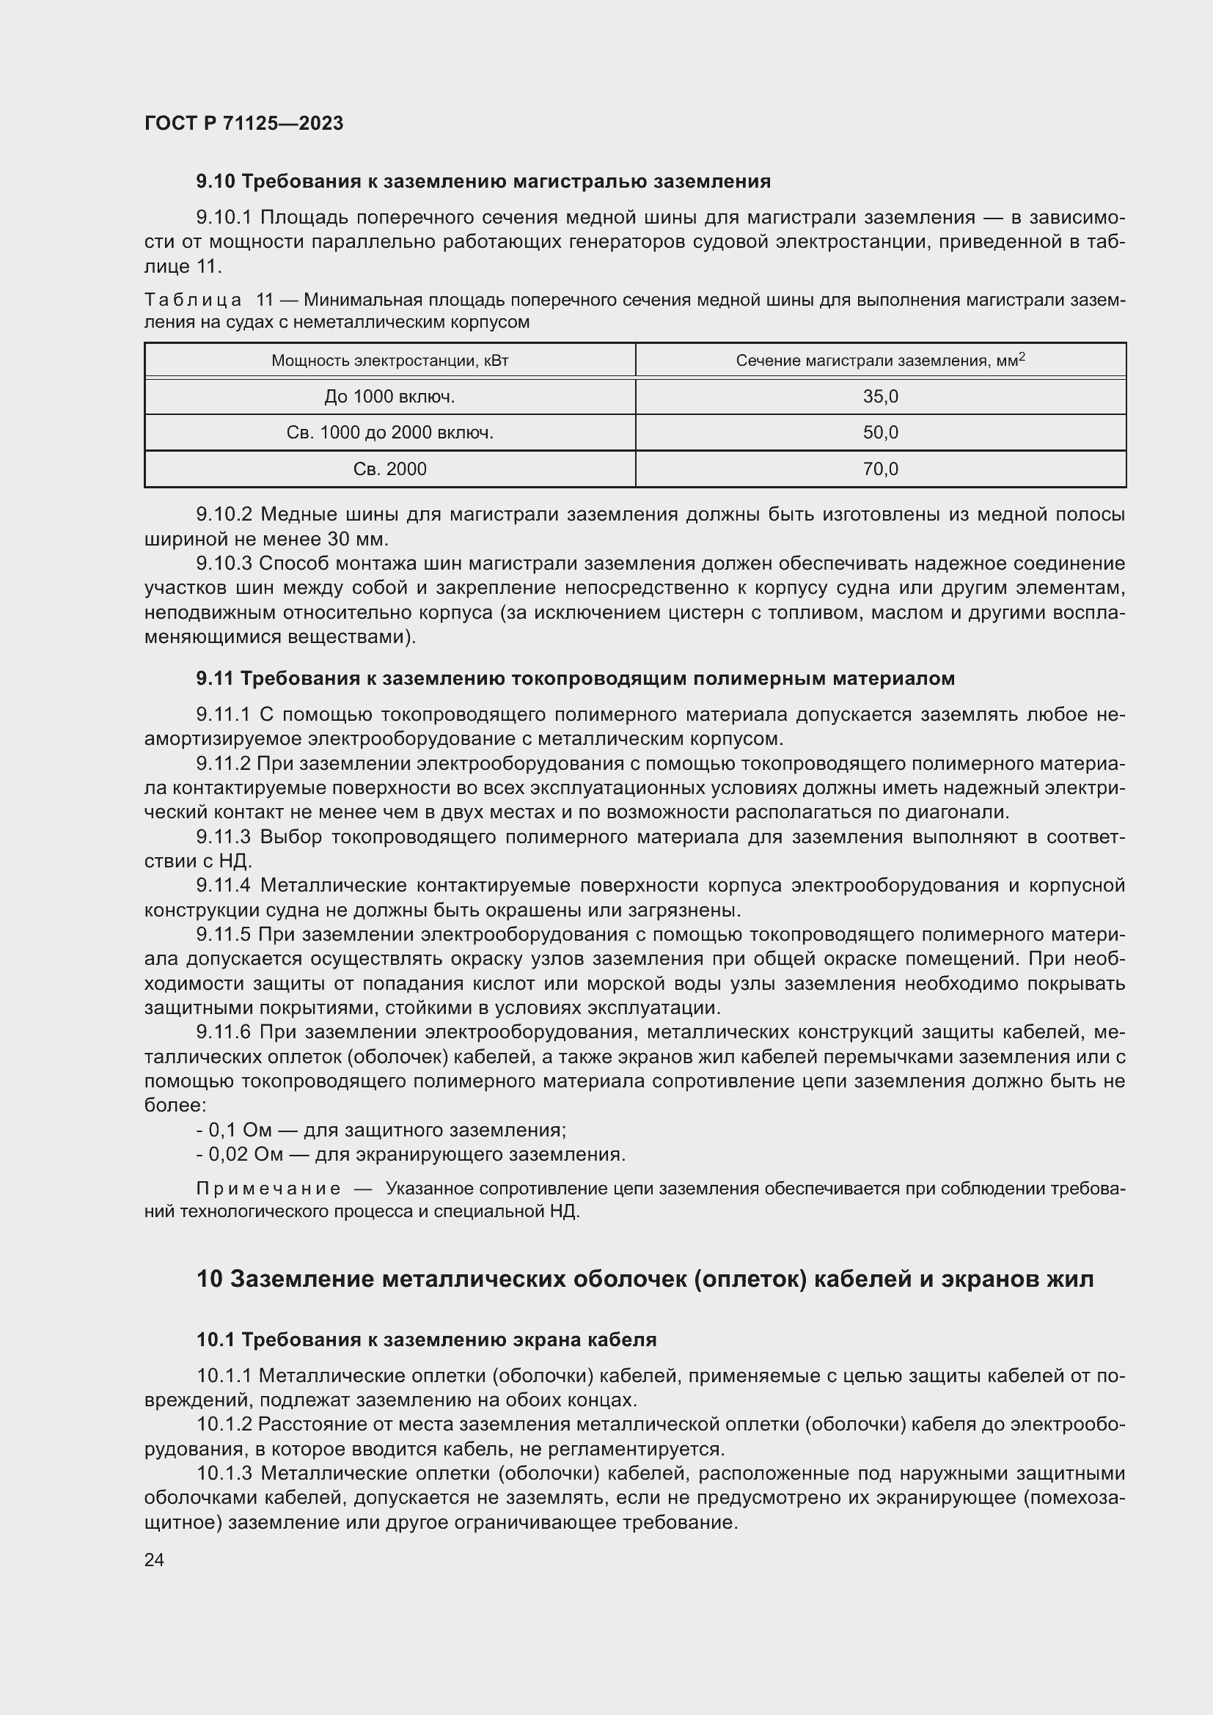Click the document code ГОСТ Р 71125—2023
pos(243,123)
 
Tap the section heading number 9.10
pos(216,182)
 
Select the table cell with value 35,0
pos(880,397)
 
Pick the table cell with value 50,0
pos(880,433)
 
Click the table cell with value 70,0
pos(880,469)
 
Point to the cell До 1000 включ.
pos(389,397)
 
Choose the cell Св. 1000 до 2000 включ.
pos(389,433)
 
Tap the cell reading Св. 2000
pos(389,469)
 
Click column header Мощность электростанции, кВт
pos(389,361)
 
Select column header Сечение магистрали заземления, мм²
pos(880,361)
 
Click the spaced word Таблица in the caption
pos(193,301)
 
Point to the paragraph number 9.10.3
pos(224,564)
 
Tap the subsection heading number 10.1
pos(216,1340)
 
